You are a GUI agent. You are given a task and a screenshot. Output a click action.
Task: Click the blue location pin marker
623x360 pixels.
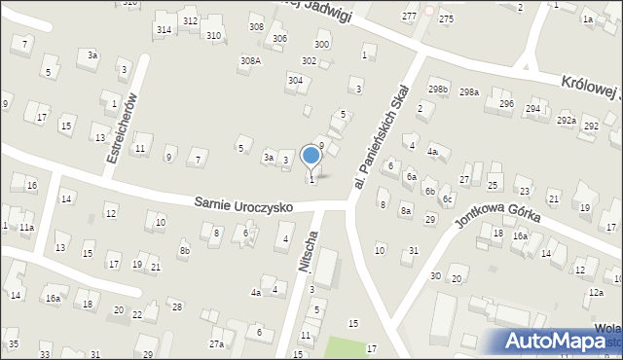[311, 157]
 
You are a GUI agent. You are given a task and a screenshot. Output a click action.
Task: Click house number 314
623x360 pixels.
[164, 30]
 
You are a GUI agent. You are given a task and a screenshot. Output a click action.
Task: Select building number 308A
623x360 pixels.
[250, 60]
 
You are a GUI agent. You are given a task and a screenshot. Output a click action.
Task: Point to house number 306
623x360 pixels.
[279, 38]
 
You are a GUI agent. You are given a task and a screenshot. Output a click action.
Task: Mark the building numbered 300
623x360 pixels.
[321, 45]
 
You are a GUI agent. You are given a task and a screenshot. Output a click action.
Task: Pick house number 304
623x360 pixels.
[294, 80]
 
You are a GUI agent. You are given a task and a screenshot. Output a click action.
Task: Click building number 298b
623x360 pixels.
[438, 90]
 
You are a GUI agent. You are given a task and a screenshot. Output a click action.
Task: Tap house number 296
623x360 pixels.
[506, 103]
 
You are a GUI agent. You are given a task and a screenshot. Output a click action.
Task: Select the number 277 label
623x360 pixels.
[410, 17]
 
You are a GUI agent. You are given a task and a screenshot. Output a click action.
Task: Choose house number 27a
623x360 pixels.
[216, 343]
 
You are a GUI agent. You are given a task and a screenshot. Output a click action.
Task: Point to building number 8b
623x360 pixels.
[184, 251]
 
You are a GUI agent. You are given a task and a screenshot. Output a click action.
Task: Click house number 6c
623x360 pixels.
[448, 199]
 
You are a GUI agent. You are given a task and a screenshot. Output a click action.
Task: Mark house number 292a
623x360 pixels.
[567, 121]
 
